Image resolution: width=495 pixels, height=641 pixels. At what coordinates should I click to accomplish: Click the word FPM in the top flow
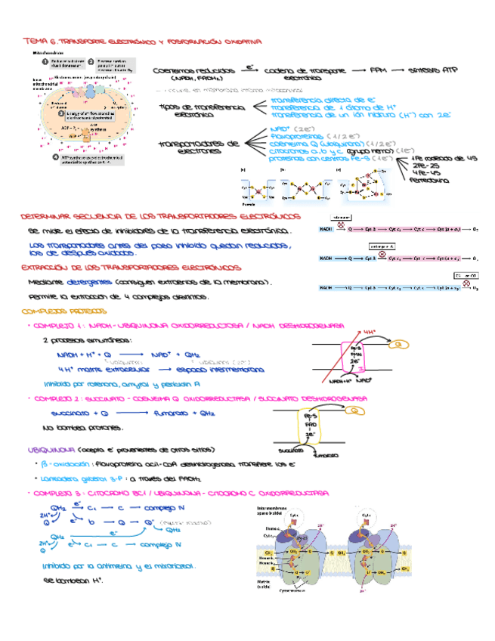[x=376, y=70]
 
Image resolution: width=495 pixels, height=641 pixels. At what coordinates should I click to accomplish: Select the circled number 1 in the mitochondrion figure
[x=45, y=62]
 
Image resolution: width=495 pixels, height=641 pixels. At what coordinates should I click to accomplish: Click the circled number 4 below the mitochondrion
[x=45, y=158]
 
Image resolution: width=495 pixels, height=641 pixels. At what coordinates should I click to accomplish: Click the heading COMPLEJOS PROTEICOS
[x=65, y=311]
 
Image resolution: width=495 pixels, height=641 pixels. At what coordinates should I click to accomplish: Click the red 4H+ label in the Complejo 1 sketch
[x=370, y=331]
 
